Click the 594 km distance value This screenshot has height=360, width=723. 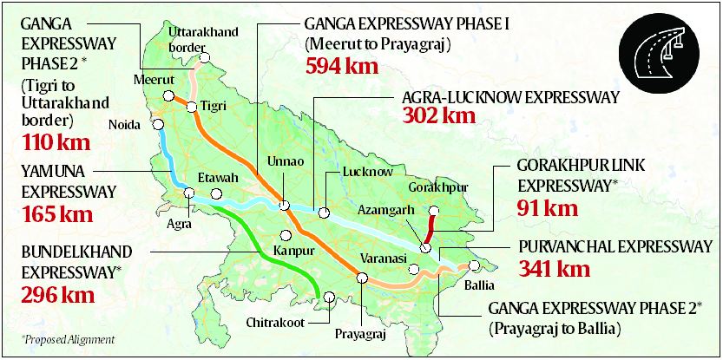[341, 65]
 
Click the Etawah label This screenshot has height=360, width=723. [217, 178]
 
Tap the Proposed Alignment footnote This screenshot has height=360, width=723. [57, 339]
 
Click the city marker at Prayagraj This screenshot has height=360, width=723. [362, 278]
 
